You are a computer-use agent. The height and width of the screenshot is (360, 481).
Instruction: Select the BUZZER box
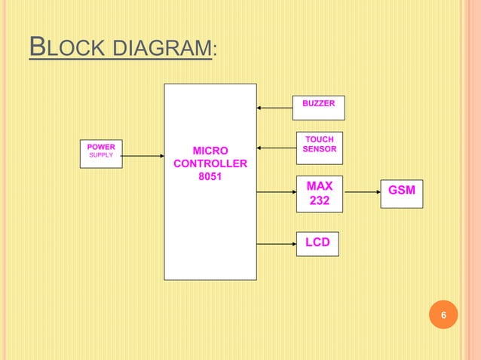click(x=319, y=108)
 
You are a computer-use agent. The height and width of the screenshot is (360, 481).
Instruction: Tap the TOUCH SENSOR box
click(x=319, y=148)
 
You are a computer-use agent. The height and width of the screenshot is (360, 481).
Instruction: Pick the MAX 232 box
click(x=319, y=194)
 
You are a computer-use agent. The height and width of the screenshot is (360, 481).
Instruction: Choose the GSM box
click(x=401, y=193)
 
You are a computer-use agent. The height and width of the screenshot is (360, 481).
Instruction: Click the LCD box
click(x=317, y=243)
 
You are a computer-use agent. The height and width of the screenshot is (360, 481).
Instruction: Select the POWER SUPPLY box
click(x=101, y=154)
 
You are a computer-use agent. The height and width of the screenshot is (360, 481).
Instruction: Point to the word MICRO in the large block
click(x=210, y=150)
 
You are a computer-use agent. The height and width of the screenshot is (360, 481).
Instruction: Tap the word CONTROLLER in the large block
click(x=210, y=163)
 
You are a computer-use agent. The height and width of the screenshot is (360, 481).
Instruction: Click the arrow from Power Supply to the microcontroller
click(x=142, y=156)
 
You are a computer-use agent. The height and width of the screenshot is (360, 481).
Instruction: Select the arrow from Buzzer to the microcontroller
click(x=274, y=108)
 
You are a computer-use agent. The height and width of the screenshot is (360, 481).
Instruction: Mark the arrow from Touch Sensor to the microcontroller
click(x=276, y=148)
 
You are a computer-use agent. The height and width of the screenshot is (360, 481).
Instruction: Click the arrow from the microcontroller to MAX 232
click(x=276, y=192)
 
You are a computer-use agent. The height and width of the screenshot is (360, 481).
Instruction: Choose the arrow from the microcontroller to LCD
click(x=276, y=243)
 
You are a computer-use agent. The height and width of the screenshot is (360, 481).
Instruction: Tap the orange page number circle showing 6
click(x=443, y=315)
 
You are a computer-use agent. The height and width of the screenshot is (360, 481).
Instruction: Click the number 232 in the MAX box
click(x=319, y=202)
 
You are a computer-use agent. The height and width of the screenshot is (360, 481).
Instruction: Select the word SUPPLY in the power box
click(x=101, y=155)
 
